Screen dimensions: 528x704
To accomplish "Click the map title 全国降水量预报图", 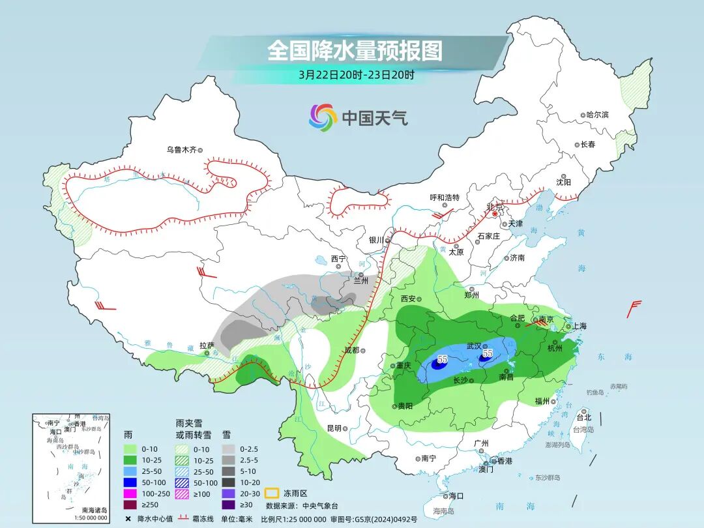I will click(355, 50).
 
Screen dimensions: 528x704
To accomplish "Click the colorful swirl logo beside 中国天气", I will click(323, 117).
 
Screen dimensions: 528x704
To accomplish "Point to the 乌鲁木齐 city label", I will click(181, 150).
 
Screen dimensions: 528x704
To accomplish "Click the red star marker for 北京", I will click(495, 214).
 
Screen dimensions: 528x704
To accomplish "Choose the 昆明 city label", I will click(334, 428).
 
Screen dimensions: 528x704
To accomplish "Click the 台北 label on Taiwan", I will click(583, 417).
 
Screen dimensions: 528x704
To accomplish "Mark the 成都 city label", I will click(352, 351).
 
